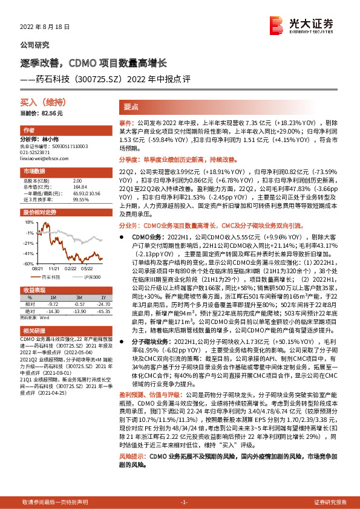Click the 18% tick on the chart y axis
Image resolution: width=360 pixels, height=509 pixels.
[30, 222]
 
